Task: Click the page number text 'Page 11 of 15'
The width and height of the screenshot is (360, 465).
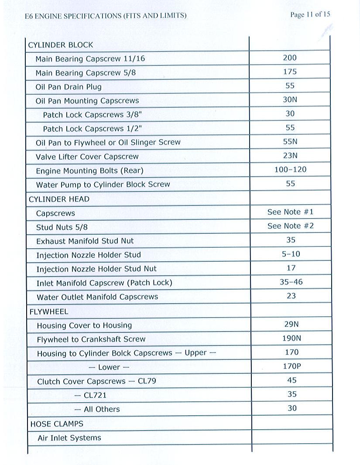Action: coord(310,14)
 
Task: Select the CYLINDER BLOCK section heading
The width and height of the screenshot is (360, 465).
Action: coord(61,45)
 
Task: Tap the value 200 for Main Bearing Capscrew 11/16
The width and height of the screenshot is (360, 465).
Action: coord(290,58)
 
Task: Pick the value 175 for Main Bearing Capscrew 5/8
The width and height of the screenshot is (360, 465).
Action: coord(290,72)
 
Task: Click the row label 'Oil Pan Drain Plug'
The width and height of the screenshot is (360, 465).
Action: coord(69,87)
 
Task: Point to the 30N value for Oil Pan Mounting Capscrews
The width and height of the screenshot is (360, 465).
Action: coord(290,99)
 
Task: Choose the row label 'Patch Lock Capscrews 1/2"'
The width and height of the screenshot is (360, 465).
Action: coord(93,129)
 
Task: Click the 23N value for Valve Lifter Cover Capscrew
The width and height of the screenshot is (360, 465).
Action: coord(290,155)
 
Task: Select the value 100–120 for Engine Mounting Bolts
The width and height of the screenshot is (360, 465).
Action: coord(290,169)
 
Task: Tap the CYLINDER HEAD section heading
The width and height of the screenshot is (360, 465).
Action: coord(59,199)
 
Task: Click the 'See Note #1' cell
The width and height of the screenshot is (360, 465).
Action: coord(291,212)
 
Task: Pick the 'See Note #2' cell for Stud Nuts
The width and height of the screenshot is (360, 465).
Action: coord(291,226)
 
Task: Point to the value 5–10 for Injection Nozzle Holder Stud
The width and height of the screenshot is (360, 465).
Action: coord(291,254)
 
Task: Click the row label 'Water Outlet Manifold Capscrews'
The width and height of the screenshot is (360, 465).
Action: coord(97,297)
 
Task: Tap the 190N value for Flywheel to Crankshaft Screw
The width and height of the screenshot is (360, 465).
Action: coord(291,338)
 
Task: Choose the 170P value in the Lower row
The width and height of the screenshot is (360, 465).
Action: coord(292,366)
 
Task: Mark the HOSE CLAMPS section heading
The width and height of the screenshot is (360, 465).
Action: coord(57,424)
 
